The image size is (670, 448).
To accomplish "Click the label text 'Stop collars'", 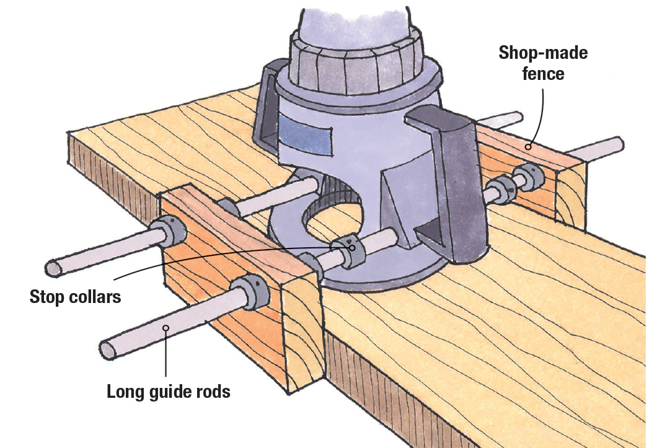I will pos(75,296).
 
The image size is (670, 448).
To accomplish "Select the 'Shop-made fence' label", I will pos(543,63).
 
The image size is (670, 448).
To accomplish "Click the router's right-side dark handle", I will pos(452,180).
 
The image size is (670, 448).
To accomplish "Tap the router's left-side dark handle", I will pos(267,105).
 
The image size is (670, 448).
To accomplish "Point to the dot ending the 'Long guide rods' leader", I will pos(165,328).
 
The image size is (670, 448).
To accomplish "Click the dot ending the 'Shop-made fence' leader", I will pos(527,147).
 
